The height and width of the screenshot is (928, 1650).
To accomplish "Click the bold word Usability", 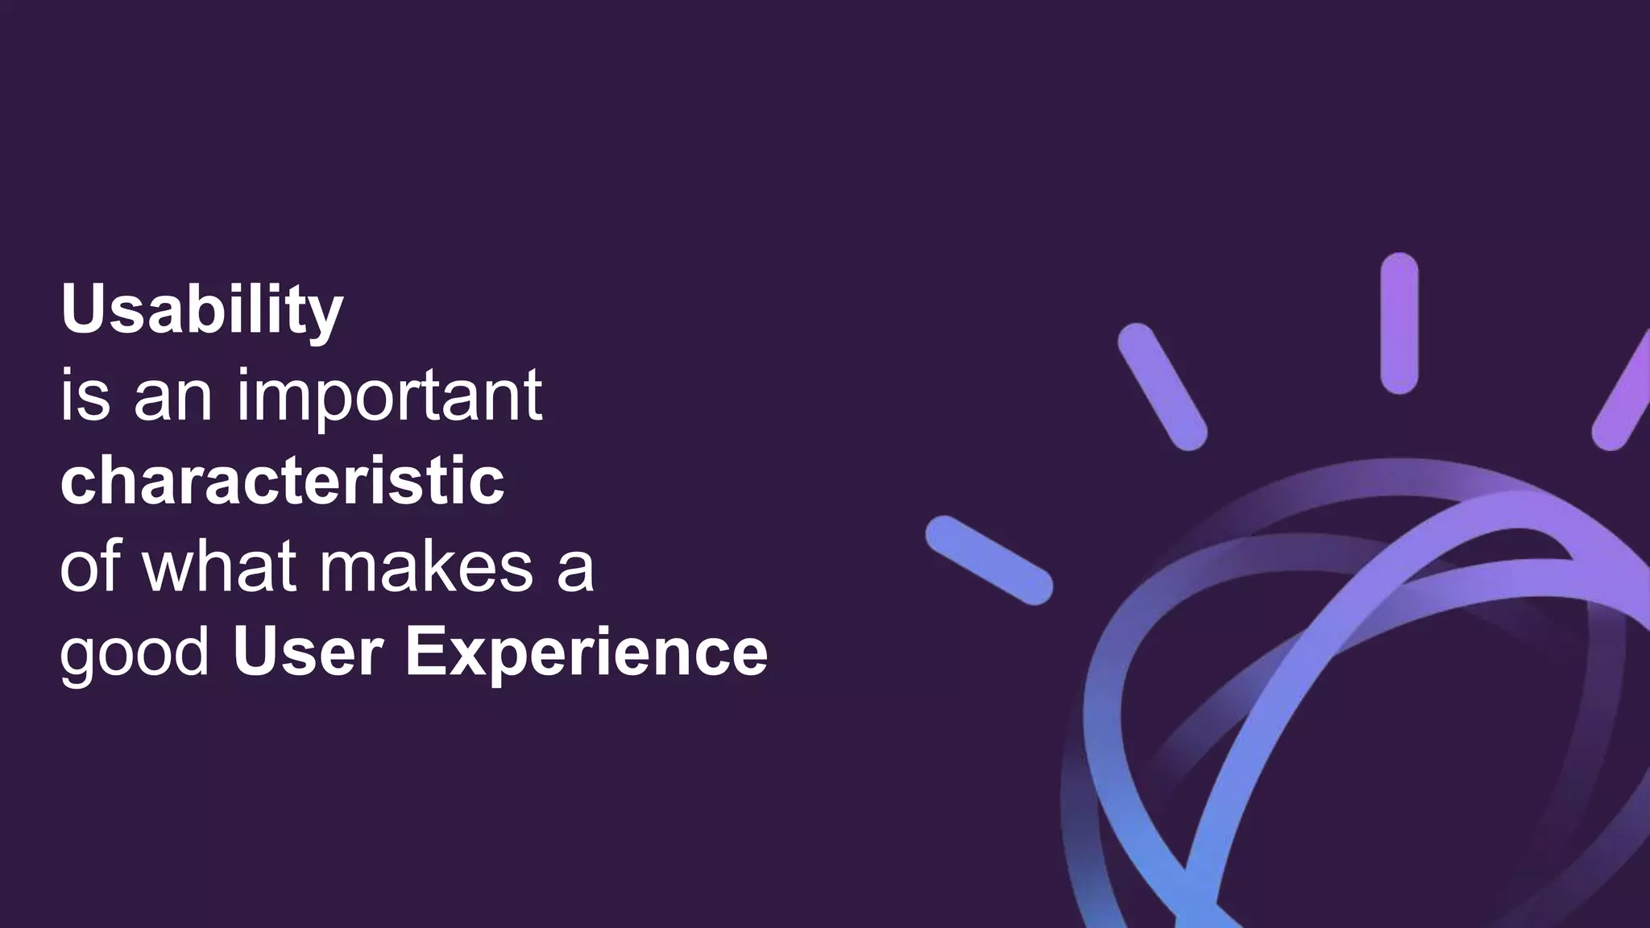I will point(201,310).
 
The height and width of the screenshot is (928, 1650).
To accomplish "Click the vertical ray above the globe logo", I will point(1399,323).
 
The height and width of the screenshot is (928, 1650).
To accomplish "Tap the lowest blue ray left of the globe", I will point(989,560).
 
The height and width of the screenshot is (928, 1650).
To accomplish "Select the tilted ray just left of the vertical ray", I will point(1162,387).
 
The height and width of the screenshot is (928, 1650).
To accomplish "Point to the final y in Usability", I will point(325,317).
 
